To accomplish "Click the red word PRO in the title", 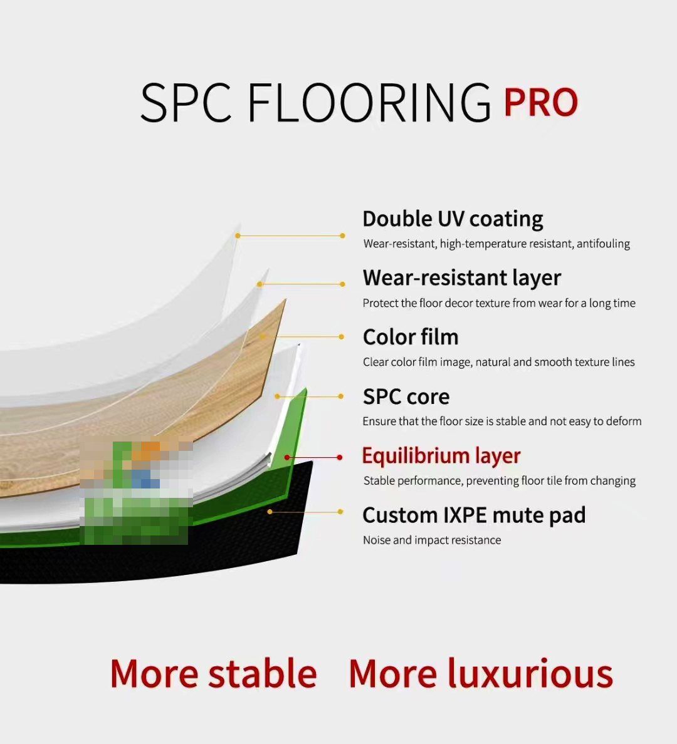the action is pos(540,102).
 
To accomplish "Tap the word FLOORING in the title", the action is pos(369,102).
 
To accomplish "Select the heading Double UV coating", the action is pos(453,219).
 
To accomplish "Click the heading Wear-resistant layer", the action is pos(462,278).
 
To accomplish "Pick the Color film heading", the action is pos(411,337).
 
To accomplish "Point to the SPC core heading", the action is pos(406,396).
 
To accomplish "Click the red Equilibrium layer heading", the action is pos(441,456).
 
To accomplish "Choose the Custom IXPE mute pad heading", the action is pos(474,515).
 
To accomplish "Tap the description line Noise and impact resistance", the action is pos(432,540).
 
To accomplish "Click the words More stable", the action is pos(213,673).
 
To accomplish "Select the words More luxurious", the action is pos(481,673).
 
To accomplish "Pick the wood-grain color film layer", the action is pos(142,427).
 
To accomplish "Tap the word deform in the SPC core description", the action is pos(622,421).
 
